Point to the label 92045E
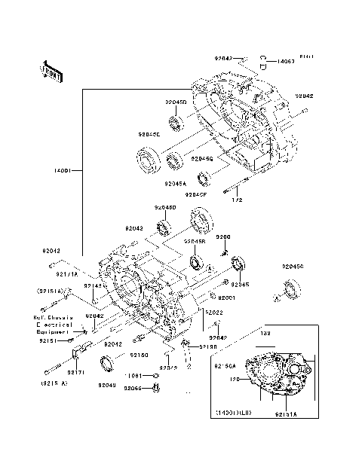click(x=149, y=134)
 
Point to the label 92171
click(x=76, y=372)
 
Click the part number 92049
click(x=106, y=385)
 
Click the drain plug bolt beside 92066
click(x=155, y=387)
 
